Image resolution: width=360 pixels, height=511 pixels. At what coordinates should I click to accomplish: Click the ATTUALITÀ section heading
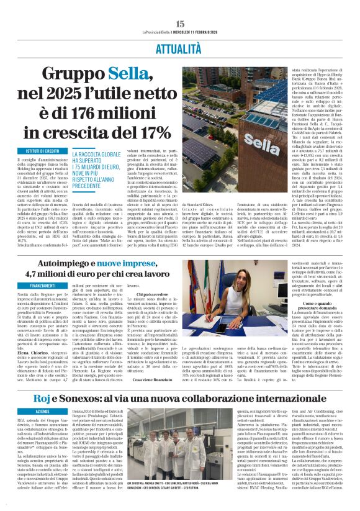(180, 47)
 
